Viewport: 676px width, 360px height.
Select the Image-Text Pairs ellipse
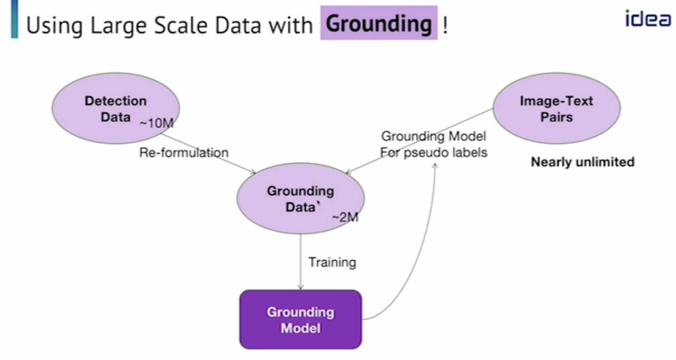point(556,108)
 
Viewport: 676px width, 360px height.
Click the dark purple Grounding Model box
point(300,319)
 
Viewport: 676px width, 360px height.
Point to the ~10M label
point(156,123)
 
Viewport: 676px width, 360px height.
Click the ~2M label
point(345,217)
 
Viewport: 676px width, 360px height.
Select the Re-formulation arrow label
point(184,153)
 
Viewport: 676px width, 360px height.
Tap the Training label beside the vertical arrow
point(332,262)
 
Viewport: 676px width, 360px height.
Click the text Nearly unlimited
point(583,162)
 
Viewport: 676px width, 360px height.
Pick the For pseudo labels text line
point(433,152)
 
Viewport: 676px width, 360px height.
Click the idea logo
point(647,19)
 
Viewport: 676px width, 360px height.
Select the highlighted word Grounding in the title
point(379,23)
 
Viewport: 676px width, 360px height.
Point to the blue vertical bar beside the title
point(14,19)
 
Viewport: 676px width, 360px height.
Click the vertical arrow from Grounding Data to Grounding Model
point(300,262)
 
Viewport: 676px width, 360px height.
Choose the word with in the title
point(291,25)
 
